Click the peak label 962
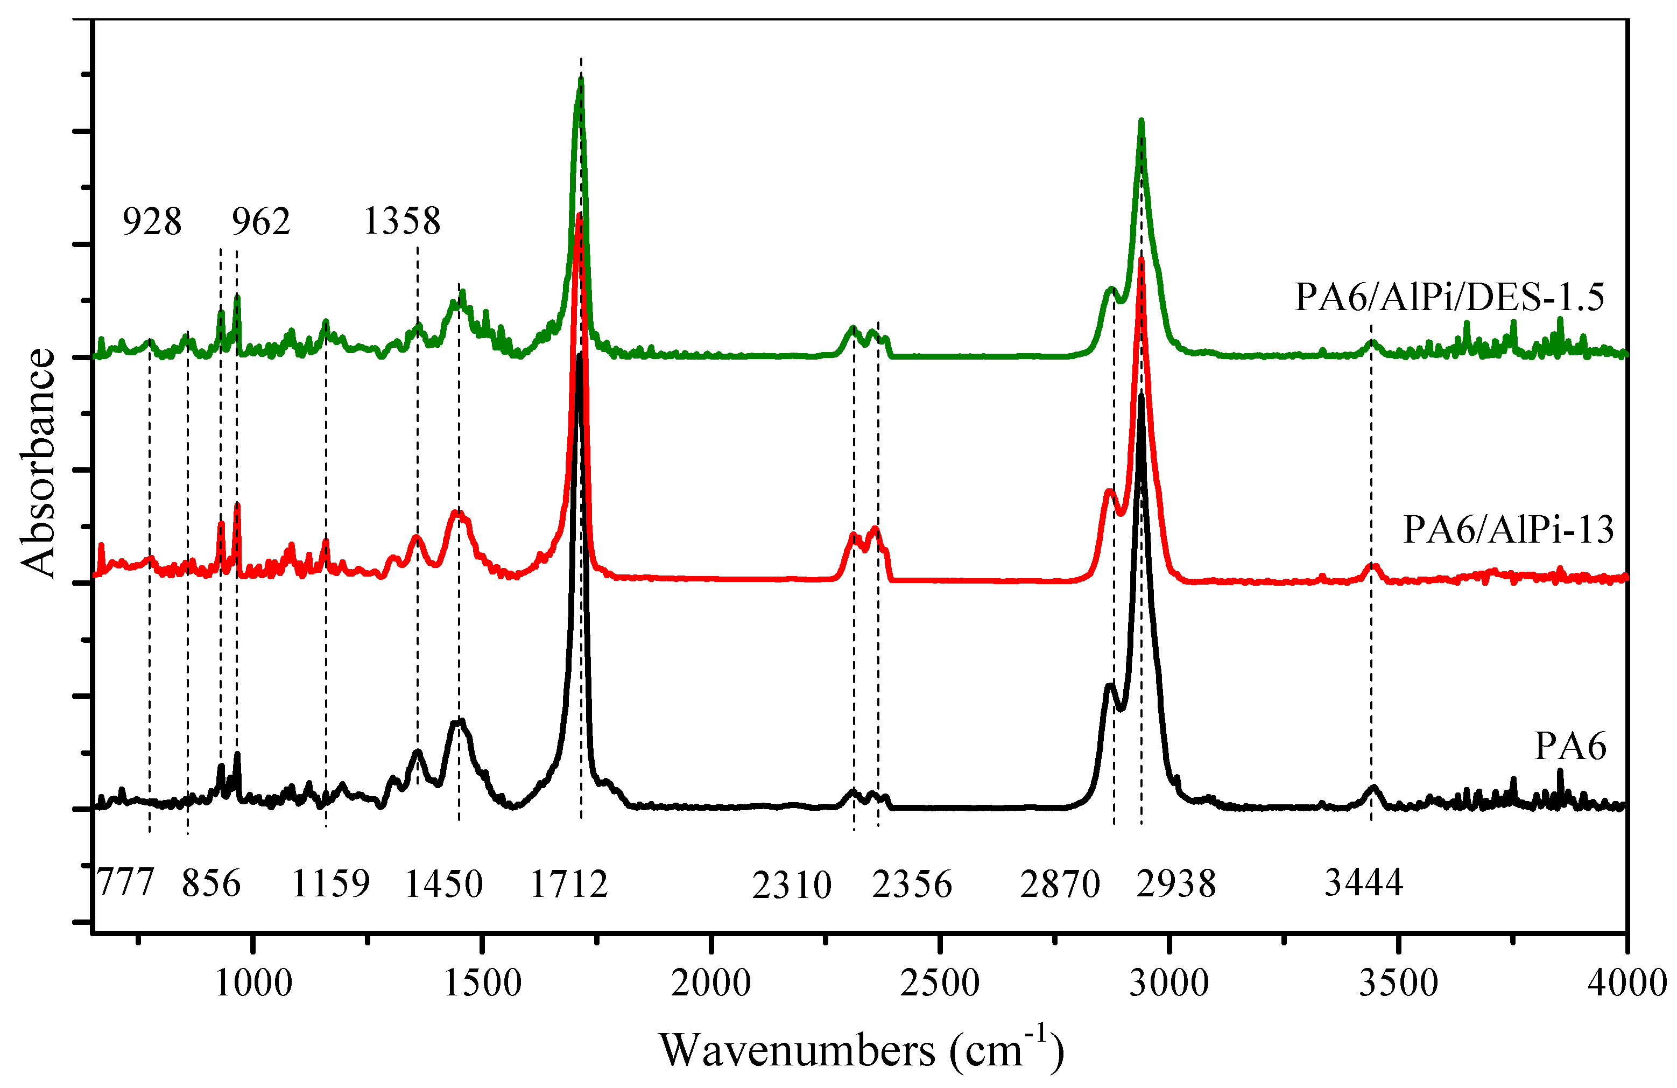click(x=260, y=221)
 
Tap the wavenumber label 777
click(x=125, y=883)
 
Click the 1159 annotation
click(x=330, y=883)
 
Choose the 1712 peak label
click(x=569, y=883)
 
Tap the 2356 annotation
click(x=912, y=883)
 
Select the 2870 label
click(x=1060, y=883)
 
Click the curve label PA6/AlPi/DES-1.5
click(x=1449, y=297)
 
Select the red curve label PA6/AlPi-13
click(x=1508, y=529)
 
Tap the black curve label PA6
click(x=1570, y=746)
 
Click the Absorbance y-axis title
click(x=38, y=463)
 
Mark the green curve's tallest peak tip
click(x=581, y=80)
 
